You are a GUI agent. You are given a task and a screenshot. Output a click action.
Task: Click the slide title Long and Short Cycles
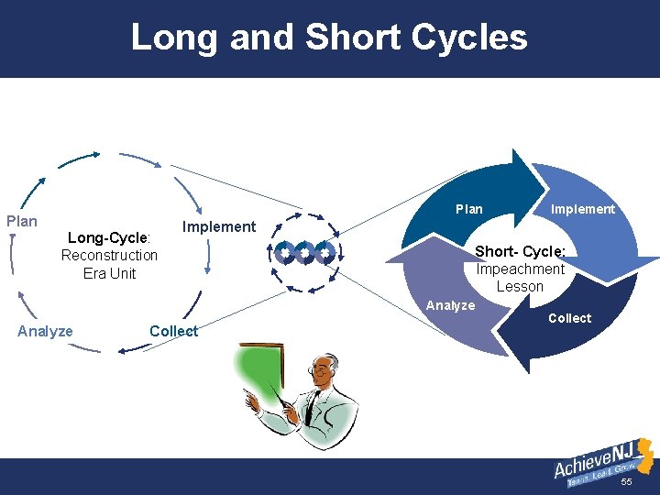click(329, 38)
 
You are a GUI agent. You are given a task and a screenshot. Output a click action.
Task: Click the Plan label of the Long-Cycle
click(22, 221)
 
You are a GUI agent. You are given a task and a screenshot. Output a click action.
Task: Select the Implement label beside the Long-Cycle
click(219, 226)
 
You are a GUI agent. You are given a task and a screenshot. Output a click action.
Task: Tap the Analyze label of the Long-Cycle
click(45, 331)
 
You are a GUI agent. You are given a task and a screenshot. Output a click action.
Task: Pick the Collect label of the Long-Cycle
click(173, 331)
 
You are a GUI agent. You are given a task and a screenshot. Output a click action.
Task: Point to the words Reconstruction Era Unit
click(109, 264)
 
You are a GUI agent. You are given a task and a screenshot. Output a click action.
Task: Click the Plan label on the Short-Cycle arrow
click(469, 209)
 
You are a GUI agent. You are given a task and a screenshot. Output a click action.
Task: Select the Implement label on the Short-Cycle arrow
click(582, 209)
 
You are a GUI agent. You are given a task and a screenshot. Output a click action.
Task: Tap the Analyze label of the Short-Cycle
click(451, 305)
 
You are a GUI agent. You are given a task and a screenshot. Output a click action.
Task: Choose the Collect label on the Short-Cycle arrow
click(569, 318)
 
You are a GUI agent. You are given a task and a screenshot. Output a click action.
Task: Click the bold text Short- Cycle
click(520, 252)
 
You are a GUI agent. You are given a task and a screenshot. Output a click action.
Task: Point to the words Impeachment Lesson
click(520, 278)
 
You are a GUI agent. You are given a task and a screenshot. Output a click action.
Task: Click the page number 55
click(627, 482)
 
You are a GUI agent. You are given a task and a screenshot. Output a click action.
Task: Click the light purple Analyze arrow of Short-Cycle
click(431, 275)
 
